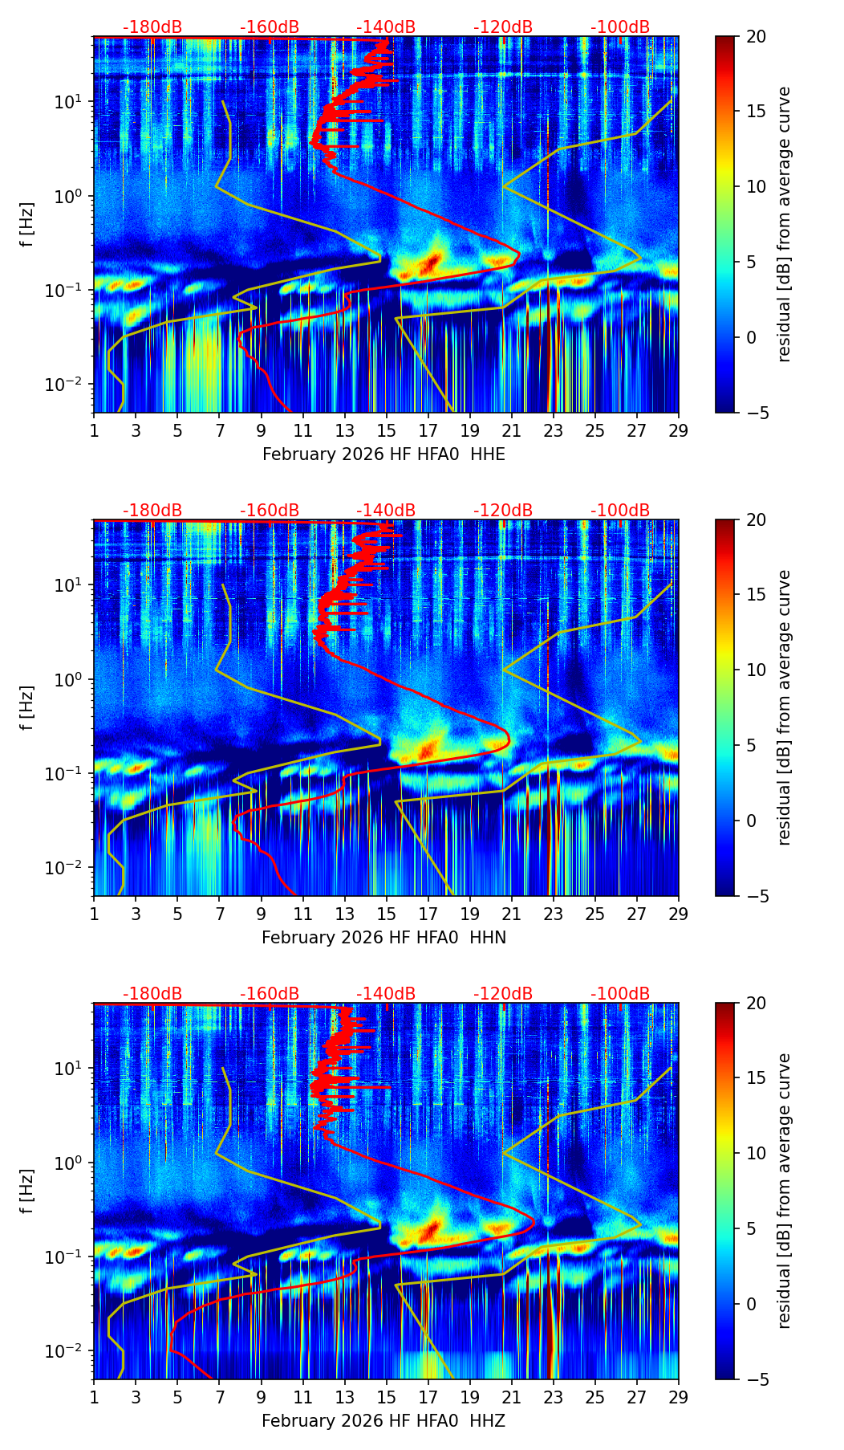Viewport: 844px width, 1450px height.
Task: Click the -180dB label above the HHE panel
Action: click(x=152, y=27)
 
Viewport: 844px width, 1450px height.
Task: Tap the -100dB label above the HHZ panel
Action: click(x=620, y=994)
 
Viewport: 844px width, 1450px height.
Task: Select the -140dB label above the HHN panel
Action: click(x=386, y=511)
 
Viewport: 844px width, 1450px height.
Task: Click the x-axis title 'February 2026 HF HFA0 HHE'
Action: click(x=383, y=454)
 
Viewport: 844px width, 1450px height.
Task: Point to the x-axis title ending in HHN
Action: click(x=383, y=938)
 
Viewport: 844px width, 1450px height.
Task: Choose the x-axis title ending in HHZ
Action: click(x=383, y=1421)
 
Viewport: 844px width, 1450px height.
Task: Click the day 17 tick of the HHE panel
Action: click(x=428, y=430)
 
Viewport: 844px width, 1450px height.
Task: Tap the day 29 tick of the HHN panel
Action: click(x=679, y=914)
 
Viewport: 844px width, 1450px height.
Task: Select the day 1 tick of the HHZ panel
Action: click(x=94, y=1397)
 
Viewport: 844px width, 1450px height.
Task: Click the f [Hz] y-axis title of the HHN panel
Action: click(x=26, y=707)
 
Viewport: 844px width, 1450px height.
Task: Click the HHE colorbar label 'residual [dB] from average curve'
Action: click(x=784, y=224)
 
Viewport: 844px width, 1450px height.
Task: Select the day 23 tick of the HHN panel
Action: click(x=554, y=914)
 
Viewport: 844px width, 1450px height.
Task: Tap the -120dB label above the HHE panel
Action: click(x=503, y=27)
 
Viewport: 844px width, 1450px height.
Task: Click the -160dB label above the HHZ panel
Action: click(x=270, y=994)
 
